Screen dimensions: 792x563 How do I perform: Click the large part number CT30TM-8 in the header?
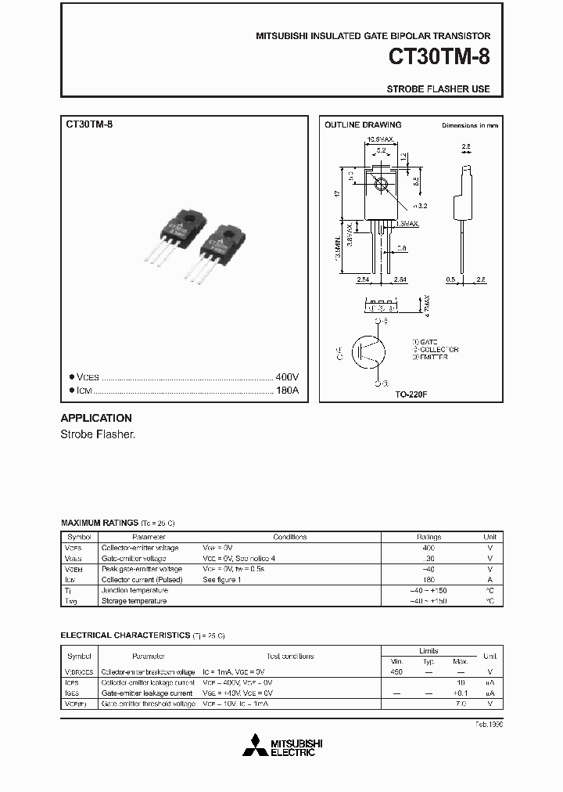click(x=439, y=59)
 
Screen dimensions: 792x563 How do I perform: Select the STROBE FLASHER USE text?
click(x=438, y=88)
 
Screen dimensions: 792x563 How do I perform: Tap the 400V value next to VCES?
click(x=288, y=376)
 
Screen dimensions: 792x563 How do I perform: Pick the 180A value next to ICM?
click(x=288, y=390)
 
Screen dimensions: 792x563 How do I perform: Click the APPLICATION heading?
click(x=96, y=418)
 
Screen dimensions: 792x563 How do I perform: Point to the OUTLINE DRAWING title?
click(x=363, y=124)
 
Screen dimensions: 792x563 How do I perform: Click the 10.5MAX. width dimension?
click(x=381, y=141)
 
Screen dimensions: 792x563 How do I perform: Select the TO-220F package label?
click(x=411, y=394)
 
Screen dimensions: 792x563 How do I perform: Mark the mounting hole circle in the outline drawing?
click(x=381, y=185)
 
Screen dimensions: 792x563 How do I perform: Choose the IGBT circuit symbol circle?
click(x=368, y=352)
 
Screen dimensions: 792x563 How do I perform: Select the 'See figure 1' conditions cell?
click(x=221, y=580)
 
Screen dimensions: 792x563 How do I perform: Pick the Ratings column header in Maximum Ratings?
click(x=429, y=537)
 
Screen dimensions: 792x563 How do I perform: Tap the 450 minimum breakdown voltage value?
click(x=398, y=671)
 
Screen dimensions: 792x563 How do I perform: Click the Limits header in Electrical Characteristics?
click(x=429, y=650)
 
